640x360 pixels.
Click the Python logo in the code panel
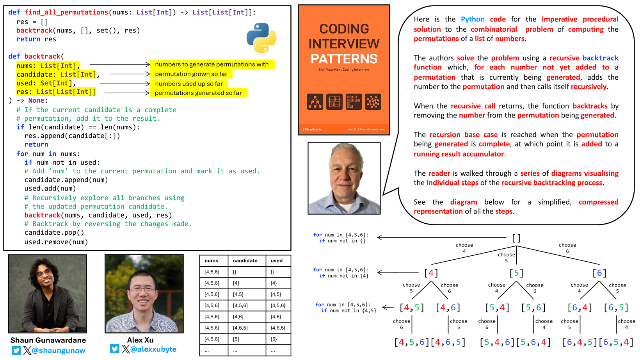coord(261,38)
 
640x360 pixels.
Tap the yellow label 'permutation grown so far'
coord(191,74)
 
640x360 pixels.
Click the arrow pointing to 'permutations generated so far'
coord(127,93)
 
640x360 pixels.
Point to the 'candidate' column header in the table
coord(245,260)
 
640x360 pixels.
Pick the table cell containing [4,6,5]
coord(240,328)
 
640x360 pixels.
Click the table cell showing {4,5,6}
coord(278,305)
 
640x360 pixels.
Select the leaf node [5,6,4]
coord(533,342)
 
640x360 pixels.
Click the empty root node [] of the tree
coord(516,238)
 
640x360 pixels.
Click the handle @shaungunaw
coord(59,351)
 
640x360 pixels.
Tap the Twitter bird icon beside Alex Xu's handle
coord(115,349)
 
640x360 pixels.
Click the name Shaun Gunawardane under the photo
coord(48,340)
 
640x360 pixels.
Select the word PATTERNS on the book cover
coord(344,59)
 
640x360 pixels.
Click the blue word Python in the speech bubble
coord(473,19)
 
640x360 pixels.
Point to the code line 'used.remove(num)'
coord(56,242)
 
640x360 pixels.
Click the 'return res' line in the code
coord(36,39)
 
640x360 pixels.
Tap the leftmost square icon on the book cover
coord(315,102)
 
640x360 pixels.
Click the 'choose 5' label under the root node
coord(506,257)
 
